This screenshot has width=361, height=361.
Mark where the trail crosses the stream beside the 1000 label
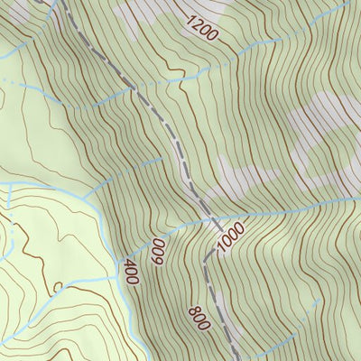213,218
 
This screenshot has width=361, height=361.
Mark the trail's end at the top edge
63,3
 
